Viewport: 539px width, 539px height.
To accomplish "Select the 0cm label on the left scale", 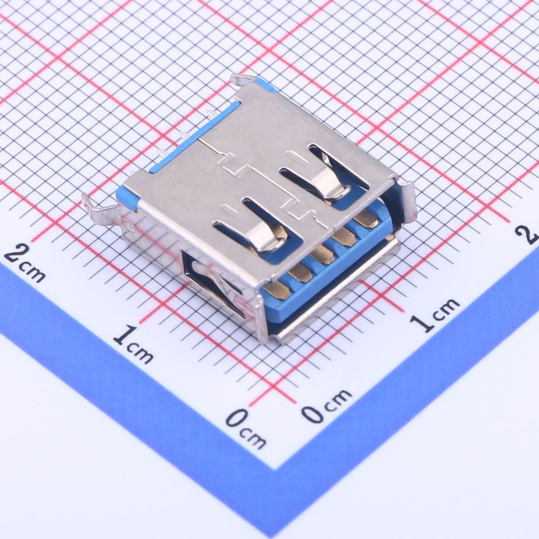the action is point(246,429).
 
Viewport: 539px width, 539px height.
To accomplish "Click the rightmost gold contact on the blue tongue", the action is point(365,219).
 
